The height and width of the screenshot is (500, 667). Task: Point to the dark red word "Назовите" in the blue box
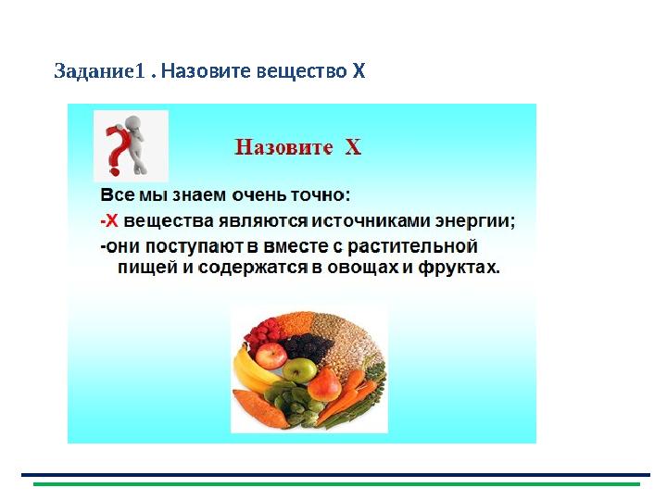point(283,148)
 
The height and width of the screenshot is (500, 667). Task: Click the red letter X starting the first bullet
point(110,221)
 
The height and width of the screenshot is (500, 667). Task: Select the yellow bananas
point(250,369)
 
